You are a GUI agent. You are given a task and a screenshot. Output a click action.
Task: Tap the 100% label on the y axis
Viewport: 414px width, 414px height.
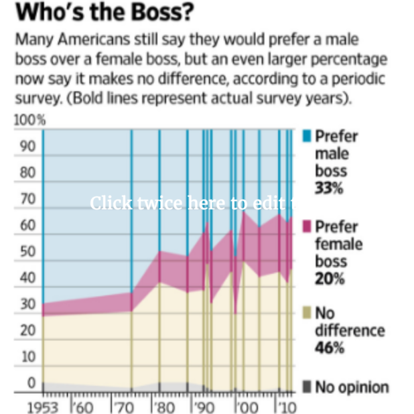[29, 121]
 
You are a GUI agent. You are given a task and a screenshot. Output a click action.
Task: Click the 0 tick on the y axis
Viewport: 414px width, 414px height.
[30, 383]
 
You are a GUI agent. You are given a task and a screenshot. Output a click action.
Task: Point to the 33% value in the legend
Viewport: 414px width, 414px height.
[328, 188]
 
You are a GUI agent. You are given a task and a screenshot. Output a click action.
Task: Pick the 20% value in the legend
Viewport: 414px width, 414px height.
[329, 279]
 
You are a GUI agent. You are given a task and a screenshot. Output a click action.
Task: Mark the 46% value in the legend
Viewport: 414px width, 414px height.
[329, 348]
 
